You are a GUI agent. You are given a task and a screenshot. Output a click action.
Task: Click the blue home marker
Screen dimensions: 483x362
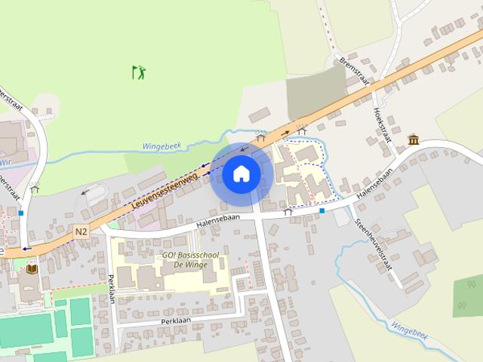[x=241, y=173]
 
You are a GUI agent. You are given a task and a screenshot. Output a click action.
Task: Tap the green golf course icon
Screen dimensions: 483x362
[x=139, y=72]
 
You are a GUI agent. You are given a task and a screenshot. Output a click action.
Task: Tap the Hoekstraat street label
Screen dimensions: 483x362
[x=380, y=122]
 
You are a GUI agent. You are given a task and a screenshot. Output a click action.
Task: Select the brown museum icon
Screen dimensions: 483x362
[x=414, y=140]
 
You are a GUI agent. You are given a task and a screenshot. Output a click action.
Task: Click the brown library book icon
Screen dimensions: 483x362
[x=32, y=268]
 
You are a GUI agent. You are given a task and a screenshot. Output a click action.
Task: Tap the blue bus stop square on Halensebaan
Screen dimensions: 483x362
[x=322, y=210]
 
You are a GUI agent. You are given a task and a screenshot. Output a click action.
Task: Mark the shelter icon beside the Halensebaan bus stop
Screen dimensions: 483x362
[x=288, y=213]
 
